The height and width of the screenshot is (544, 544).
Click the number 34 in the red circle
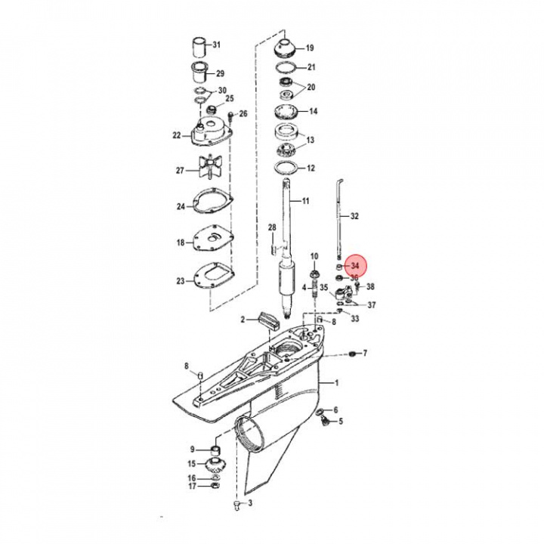pyautogui.click(x=355, y=266)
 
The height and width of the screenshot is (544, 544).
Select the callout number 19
pyautogui.click(x=310, y=48)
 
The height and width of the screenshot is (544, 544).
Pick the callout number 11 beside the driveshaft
pyautogui.click(x=305, y=201)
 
